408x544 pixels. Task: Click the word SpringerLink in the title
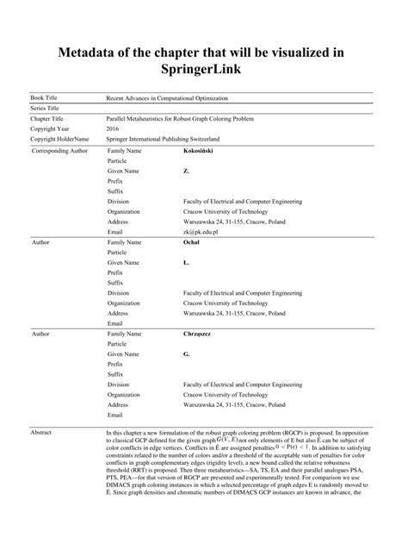point(203,68)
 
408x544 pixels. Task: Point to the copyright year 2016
point(113,128)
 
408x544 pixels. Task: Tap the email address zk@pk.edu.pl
point(201,232)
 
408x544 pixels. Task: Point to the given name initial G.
point(186,353)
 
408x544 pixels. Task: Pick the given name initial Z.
point(186,172)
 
